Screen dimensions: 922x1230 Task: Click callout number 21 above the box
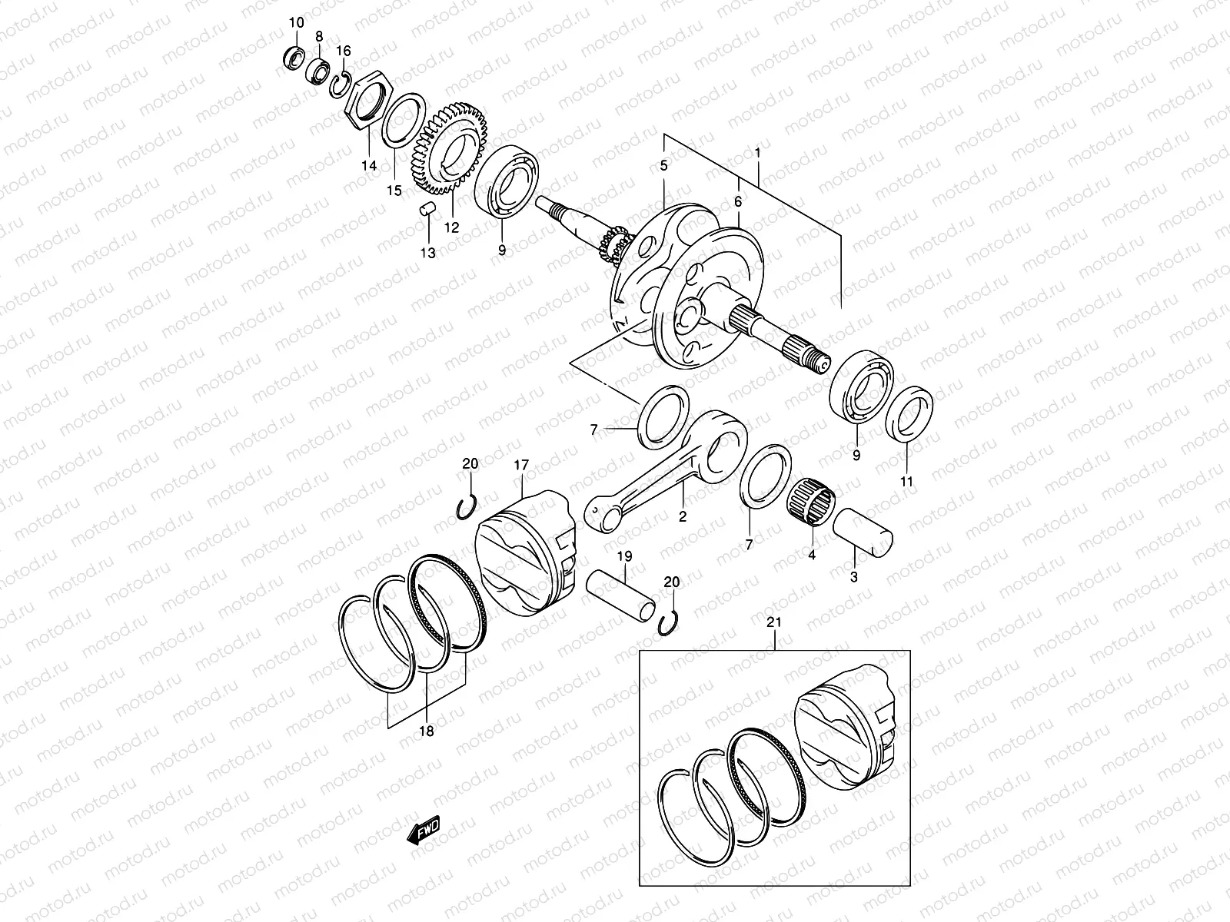click(774, 622)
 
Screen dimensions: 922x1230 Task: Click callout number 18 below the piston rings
click(426, 731)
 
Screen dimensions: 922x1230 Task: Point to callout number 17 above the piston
click(522, 464)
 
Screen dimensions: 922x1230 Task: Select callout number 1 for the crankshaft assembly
click(758, 153)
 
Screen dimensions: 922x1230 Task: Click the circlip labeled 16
click(341, 82)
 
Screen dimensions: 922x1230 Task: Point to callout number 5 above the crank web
click(663, 165)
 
